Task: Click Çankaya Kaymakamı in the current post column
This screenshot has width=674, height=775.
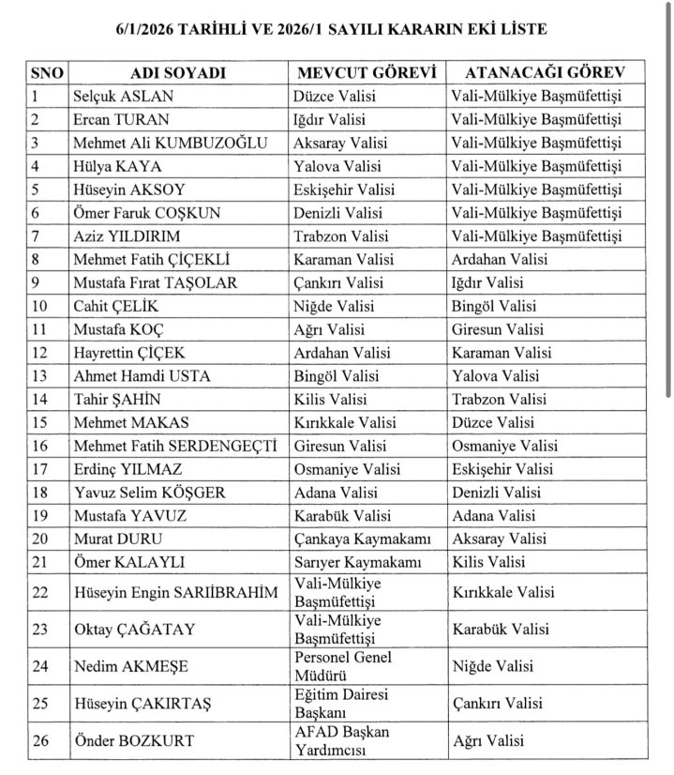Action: [x=354, y=539]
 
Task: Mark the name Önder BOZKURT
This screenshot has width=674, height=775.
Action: [x=133, y=740]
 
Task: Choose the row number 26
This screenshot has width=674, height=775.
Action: [x=40, y=740]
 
